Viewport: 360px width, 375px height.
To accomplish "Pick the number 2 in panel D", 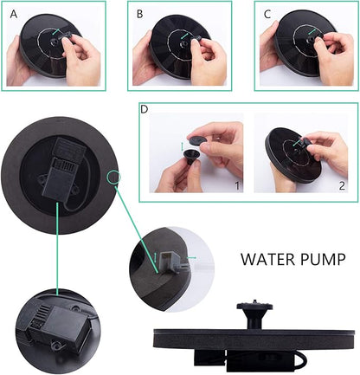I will tap(342, 185).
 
